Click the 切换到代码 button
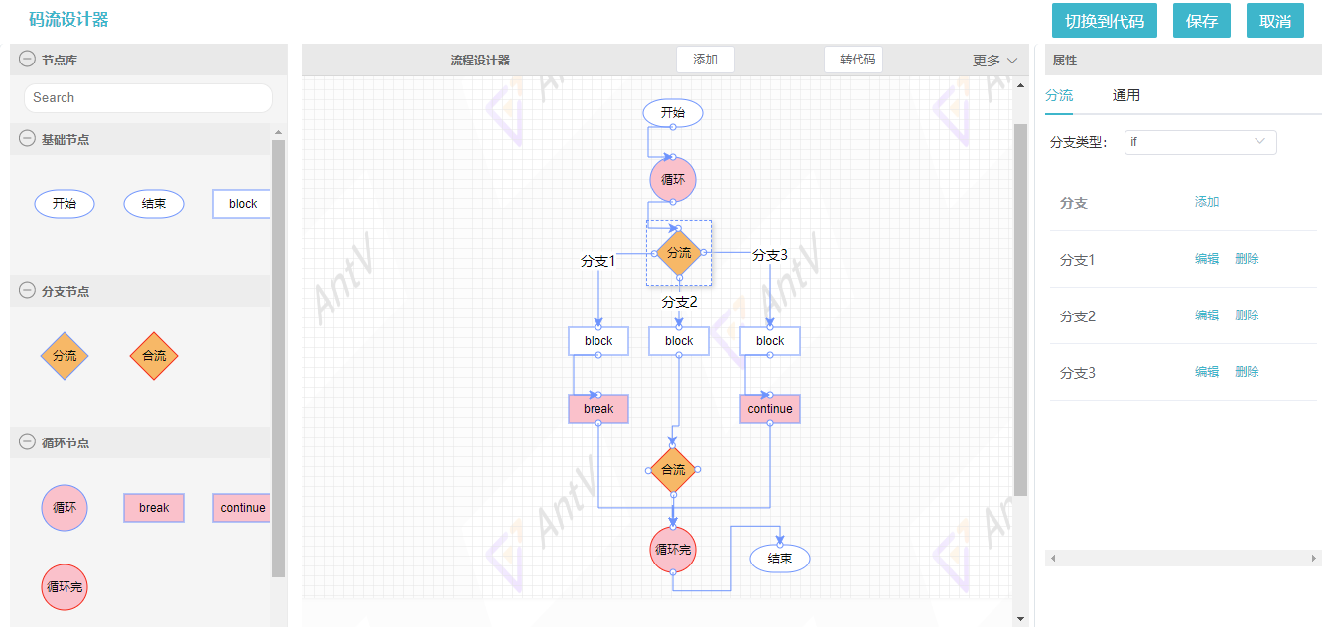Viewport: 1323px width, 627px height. (1104, 21)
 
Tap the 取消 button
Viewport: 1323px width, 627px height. (1274, 21)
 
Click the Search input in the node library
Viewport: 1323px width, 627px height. (148, 97)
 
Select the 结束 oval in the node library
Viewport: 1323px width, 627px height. (154, 204)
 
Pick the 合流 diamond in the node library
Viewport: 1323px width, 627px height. (154, 356)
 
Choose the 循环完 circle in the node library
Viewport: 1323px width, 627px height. (65, 587)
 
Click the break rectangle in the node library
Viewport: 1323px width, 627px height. (154, 508)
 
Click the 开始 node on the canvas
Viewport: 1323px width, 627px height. (673, 113)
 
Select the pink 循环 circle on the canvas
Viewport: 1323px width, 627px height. (673, 180)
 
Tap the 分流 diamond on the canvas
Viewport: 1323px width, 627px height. (679, 253)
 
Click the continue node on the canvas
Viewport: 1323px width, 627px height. (769, 409)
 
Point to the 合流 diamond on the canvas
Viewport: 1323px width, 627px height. (673, 470)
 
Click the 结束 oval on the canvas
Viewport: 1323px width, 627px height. (780, 558)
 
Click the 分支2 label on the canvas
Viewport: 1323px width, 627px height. (679, 303)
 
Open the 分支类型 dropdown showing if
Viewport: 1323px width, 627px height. (1200, 142)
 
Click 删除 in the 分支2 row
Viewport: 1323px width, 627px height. (1247, 315)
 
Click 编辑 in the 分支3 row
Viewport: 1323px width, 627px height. (1207, 372)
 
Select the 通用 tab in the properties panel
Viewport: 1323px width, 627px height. (1125, 95)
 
